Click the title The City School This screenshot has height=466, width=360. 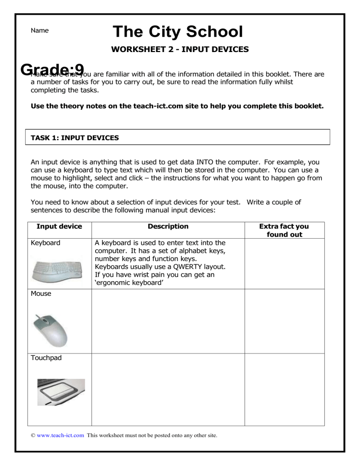coord(178,32)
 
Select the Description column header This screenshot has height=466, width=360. coord(168,226)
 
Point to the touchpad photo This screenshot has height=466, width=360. coord(61,392)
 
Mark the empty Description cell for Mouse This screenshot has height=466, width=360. coord(168,321)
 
